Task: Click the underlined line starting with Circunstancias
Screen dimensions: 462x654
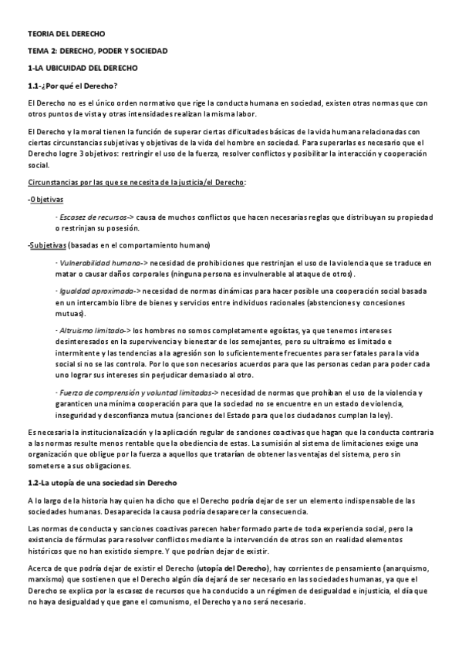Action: pyautogui.click(x=137, y=181)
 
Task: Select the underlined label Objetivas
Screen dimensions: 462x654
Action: pyautogui.click(x=46, y=200)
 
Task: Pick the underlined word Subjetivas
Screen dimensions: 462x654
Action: pyautogui.click(x=47, y=245)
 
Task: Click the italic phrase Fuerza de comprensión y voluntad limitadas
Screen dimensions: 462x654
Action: pyautogui.click(x=133, y=392)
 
